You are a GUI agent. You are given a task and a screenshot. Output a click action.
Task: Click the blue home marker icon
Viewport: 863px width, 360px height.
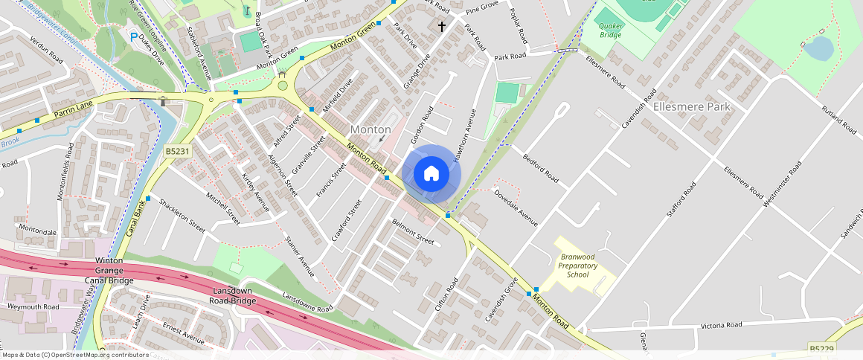(x=431, y=174)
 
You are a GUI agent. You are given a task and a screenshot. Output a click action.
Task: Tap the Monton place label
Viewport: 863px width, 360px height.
(x=370, y=129)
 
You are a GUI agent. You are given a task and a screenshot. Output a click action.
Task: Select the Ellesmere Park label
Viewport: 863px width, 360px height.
(x=691, y=106)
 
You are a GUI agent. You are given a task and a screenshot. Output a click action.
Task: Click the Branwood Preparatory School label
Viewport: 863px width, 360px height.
(x=577, y=266)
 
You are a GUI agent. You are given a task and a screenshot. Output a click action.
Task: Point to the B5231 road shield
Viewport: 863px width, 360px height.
(x=176, y=151)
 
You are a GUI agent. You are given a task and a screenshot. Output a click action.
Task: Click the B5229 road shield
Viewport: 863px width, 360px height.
(x=821, y=349)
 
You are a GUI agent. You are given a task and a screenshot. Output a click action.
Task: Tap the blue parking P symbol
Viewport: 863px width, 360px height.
(x=133, y=36)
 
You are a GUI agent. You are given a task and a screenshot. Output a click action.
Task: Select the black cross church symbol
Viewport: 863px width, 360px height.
(x=441, y=27)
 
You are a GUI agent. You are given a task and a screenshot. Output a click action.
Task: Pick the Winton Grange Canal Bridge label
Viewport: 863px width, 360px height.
(x=114, y=271)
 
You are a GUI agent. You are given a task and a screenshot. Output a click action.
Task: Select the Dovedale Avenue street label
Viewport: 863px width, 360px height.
(x=516, y=208)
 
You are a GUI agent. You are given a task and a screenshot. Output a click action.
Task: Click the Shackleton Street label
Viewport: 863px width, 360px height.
(x=182, y=216)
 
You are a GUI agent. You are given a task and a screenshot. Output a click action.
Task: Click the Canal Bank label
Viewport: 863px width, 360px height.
(x=135, y=219)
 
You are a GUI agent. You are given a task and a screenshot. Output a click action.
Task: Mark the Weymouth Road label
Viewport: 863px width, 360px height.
(x=33, y=306)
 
